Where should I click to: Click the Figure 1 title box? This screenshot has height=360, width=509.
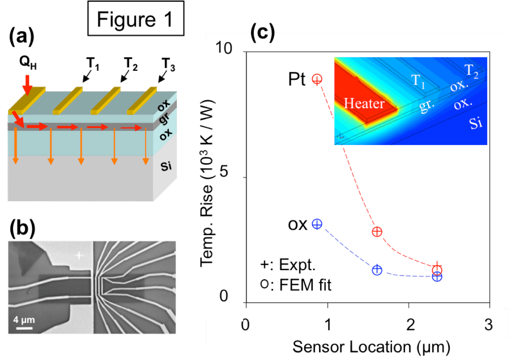tap(136, 19)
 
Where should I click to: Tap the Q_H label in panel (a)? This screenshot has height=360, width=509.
tap(28, 62)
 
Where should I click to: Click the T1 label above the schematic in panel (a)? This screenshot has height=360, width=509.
tap(93, 64)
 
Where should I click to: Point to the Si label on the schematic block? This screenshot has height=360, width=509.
tap(166, 166)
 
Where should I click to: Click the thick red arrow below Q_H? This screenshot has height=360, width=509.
tap(27, 84)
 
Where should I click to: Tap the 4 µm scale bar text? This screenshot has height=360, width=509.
tap(24, 320)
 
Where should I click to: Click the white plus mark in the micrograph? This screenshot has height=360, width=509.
tap(79, 256)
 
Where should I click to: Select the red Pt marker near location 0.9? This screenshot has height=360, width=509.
tap(317, 79)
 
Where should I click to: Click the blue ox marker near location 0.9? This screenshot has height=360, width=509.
tap(317, 224)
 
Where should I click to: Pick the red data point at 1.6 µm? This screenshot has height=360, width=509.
tap(377, 232)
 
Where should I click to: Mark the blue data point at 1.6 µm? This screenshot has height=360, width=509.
tap(377, 270)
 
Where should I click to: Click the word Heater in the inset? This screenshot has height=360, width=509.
tap(364, 104)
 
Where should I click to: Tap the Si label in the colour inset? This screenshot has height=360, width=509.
tap(476, 124)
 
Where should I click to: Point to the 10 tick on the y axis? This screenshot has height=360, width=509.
tap(224, 48)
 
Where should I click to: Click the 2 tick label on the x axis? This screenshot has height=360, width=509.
tap(410, 324)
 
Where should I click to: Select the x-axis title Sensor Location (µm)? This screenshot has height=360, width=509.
tap(371, 347)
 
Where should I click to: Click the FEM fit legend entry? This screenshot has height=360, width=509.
tap(296, 285)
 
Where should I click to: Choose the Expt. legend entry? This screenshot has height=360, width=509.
tap(288, 265)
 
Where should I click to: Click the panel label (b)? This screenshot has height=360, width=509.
tap(22, 229)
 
